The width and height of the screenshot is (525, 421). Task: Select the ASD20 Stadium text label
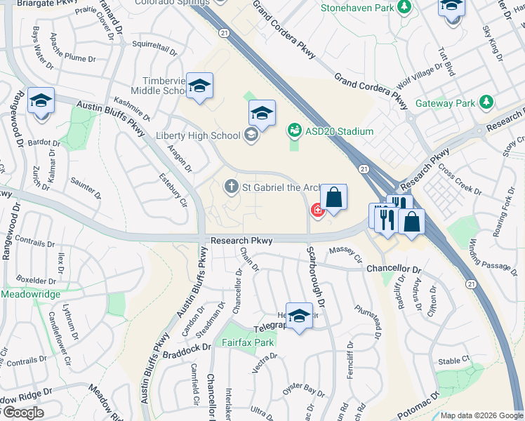[340, 131]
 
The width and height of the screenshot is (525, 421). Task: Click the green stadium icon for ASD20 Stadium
[294, 131]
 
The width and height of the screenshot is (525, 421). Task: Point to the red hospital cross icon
[317, 209]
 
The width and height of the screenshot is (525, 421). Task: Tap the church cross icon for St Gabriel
[230, 187]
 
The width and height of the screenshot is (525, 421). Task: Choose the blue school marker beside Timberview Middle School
[200, 86]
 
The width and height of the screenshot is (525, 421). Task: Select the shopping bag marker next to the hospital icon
[334, 197]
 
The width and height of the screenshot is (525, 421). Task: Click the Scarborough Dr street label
[314, 276]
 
